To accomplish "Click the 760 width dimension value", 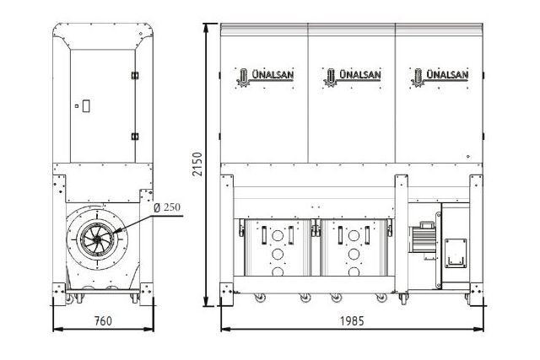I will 102,321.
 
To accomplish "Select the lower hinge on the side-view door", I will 133,136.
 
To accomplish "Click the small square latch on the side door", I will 84,106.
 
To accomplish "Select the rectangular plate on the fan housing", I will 461,250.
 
